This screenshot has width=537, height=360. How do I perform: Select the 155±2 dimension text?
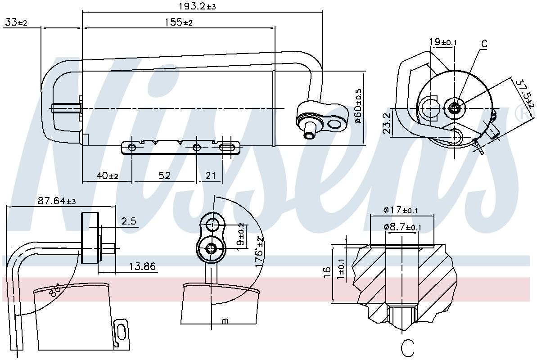click(x=178, y=22)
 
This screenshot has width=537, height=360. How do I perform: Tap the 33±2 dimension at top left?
click(x=16, y=22)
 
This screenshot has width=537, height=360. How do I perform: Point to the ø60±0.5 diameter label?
click(x=358, y=108)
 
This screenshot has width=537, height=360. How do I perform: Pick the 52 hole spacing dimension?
click(x=164, y=176)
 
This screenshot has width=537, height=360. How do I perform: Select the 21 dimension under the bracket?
click(x=211, y=176)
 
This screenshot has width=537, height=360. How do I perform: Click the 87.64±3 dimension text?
click(x=57, y=201)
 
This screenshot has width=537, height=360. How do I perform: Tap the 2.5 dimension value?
click(x=129, y=221)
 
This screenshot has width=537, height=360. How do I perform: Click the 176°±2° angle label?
click(x=260, y=252)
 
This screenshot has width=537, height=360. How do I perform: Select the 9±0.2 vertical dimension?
click(x=241, y=234)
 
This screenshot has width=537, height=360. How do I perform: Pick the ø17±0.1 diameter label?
click(x=401, y=210)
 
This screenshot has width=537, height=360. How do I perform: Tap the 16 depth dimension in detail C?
click(x=327, y=271)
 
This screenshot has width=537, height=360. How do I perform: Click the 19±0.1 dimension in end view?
click(x=443, y=42)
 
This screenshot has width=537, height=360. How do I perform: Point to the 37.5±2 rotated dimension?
click(x=524, y=94)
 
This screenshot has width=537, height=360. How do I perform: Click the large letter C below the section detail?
click(x=407, y=348)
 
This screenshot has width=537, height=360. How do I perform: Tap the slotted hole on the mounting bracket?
click(x=230, y=147)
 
